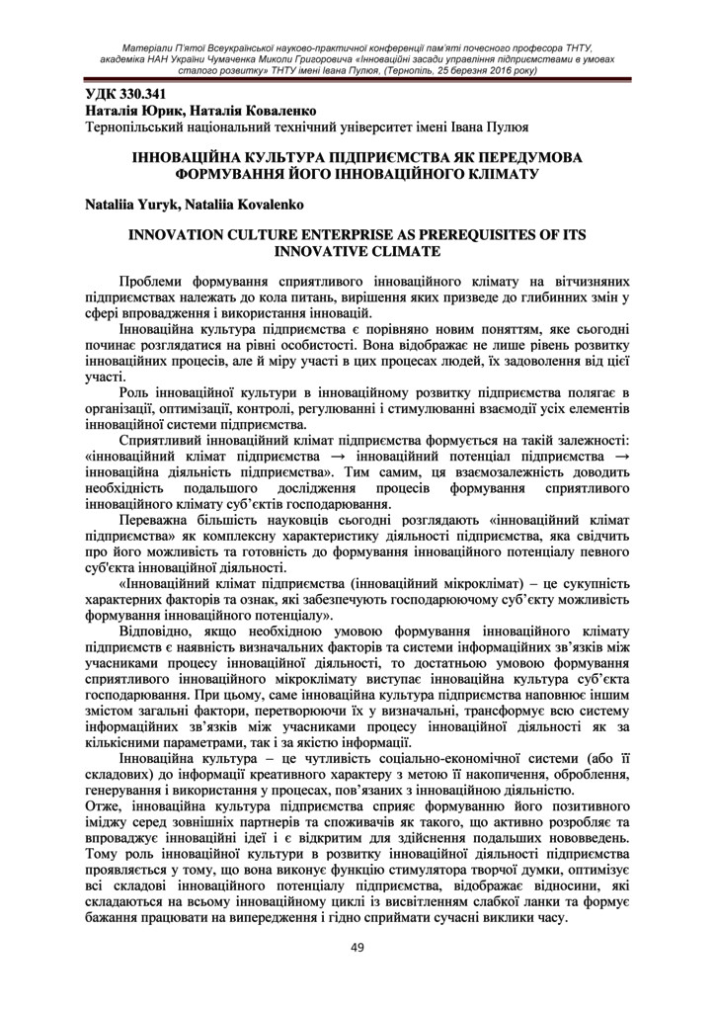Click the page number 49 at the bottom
click(x=357, y=949)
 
